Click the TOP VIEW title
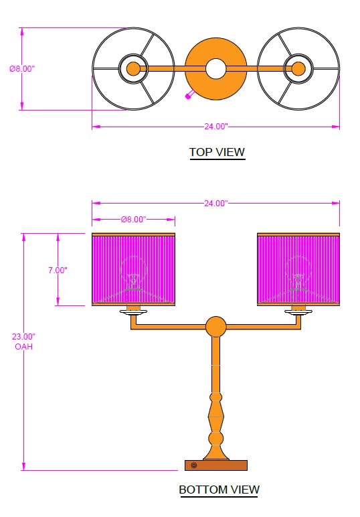(x=217, y=152)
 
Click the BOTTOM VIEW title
(x=219, y=490)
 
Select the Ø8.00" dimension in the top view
(x=22, y=68)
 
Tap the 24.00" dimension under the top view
(x=215, y=127)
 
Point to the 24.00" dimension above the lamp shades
(x=215, y=203)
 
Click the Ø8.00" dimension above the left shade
(x=133, y=219)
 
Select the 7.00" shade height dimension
(x=58, y=270)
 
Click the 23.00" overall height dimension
(x=23, y=337)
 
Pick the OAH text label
(x=23, y=346)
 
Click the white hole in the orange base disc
(x=215, y=68)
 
